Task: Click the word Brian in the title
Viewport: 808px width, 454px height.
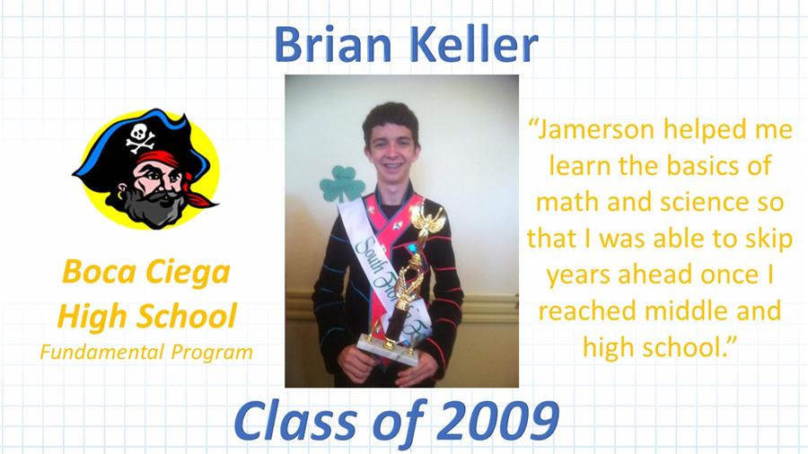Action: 333,44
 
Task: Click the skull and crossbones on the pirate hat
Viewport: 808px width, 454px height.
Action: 140,137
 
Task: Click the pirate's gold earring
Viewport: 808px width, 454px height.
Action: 121,196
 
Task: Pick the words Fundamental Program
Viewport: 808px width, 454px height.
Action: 146,353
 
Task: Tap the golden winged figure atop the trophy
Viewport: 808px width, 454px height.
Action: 426,220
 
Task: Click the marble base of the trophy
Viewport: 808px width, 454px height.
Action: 388,349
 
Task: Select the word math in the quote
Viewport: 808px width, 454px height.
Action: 567,202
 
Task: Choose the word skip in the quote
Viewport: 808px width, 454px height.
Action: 767,240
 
